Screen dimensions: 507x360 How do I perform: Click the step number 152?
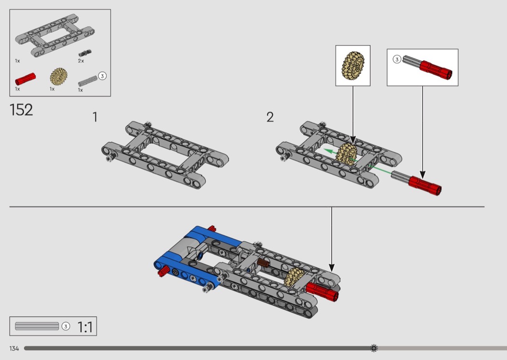[x=21, y=110]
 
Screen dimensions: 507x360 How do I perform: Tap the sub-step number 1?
[x=95, y=117]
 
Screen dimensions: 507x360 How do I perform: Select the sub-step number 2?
[x=270, y=117]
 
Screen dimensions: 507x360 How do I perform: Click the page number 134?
[x=14, y=348]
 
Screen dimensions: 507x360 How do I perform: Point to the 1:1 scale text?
[x=85, y=327]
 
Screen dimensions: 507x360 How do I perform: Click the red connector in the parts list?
[x=26, y=79]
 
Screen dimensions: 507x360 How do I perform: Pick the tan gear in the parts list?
[x=58, y=77]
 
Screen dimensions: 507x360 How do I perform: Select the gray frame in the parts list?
[x=55, y=35]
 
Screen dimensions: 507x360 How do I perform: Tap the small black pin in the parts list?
[x=85, y=53]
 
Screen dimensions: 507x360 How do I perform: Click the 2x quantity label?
[x=81, y=61]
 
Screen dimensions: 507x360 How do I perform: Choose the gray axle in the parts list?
[x=87, y=81]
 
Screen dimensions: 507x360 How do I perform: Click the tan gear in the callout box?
[x=353, y=66]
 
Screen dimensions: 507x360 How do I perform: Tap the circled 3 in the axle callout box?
[x=397, y=59]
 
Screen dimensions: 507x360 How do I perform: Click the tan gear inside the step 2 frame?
[x=346, y=154]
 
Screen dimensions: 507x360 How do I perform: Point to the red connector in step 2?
[x=425, y=185]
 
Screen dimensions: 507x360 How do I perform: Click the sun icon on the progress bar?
[x=374, y=348]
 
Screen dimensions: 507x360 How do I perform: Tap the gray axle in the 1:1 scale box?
[x=37, y=326]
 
